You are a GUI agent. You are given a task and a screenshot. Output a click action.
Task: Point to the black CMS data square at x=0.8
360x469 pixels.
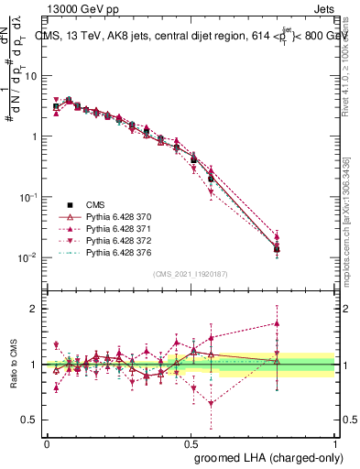pos(278,248)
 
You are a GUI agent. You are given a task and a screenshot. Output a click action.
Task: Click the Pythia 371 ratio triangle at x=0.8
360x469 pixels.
pos(278,323)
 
